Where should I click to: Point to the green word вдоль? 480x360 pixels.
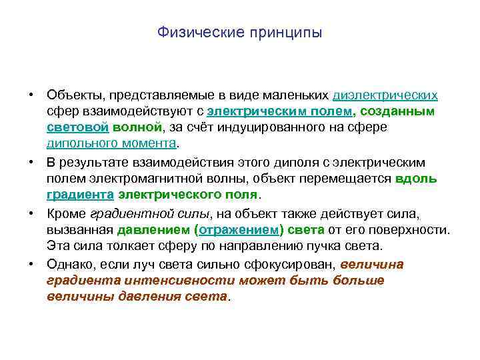tap(416, 179)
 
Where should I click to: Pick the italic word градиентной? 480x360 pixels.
tap(117, 213)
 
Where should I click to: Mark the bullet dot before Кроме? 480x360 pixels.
tap(31, 213)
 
